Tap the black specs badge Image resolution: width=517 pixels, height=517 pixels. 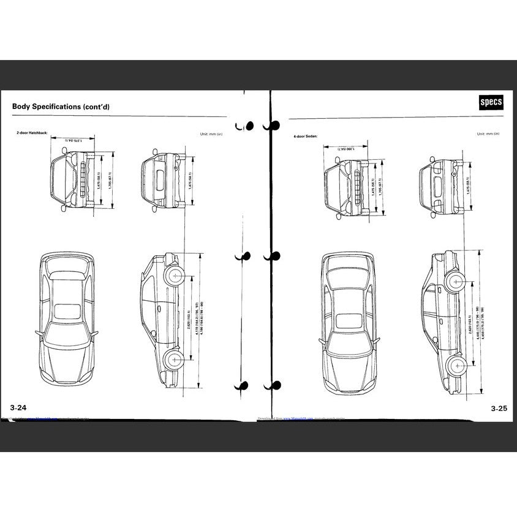[x=490, y=103]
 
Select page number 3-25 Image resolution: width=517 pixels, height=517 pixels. [x=498, y=407]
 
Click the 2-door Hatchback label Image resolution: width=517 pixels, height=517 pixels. [x=32, y=132]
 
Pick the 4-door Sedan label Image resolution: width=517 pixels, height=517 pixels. [x=306, y=135]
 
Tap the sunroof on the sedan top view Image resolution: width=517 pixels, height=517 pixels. [x=346, y=319]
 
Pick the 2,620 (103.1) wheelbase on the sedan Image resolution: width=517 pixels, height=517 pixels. [x=467, y=323]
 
